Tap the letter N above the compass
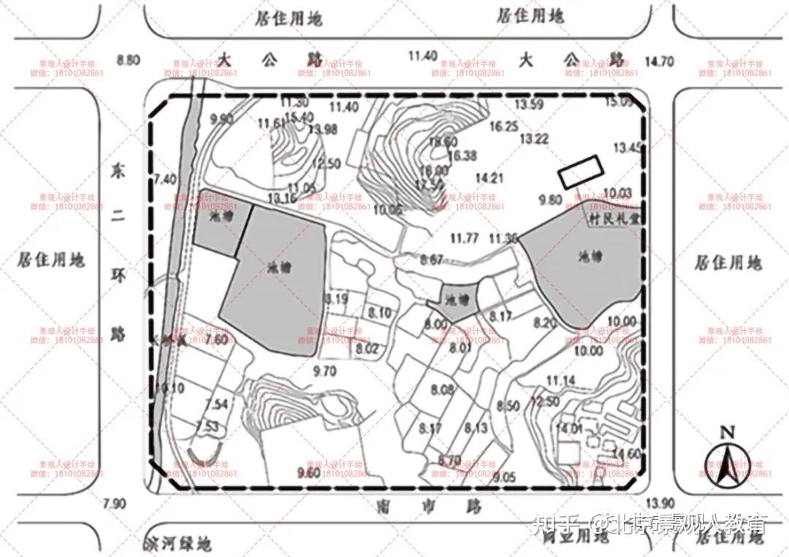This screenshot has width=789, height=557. click(727, 432)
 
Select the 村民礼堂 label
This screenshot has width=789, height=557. click(612, 218)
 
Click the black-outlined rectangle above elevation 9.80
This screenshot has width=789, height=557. click(582, 172)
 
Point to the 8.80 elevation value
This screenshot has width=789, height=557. click(128, 60)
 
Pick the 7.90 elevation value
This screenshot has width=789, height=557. click(115, 504)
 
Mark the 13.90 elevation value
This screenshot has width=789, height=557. click(660, 503)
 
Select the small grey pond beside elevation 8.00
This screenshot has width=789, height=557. click(458, 298)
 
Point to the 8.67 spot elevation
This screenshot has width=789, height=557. click(431, 259)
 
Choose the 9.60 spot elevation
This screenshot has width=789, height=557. click(308, 472)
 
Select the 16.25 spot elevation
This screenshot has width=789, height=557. click(503, 126)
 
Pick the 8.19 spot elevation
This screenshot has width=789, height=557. click(338, 299)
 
